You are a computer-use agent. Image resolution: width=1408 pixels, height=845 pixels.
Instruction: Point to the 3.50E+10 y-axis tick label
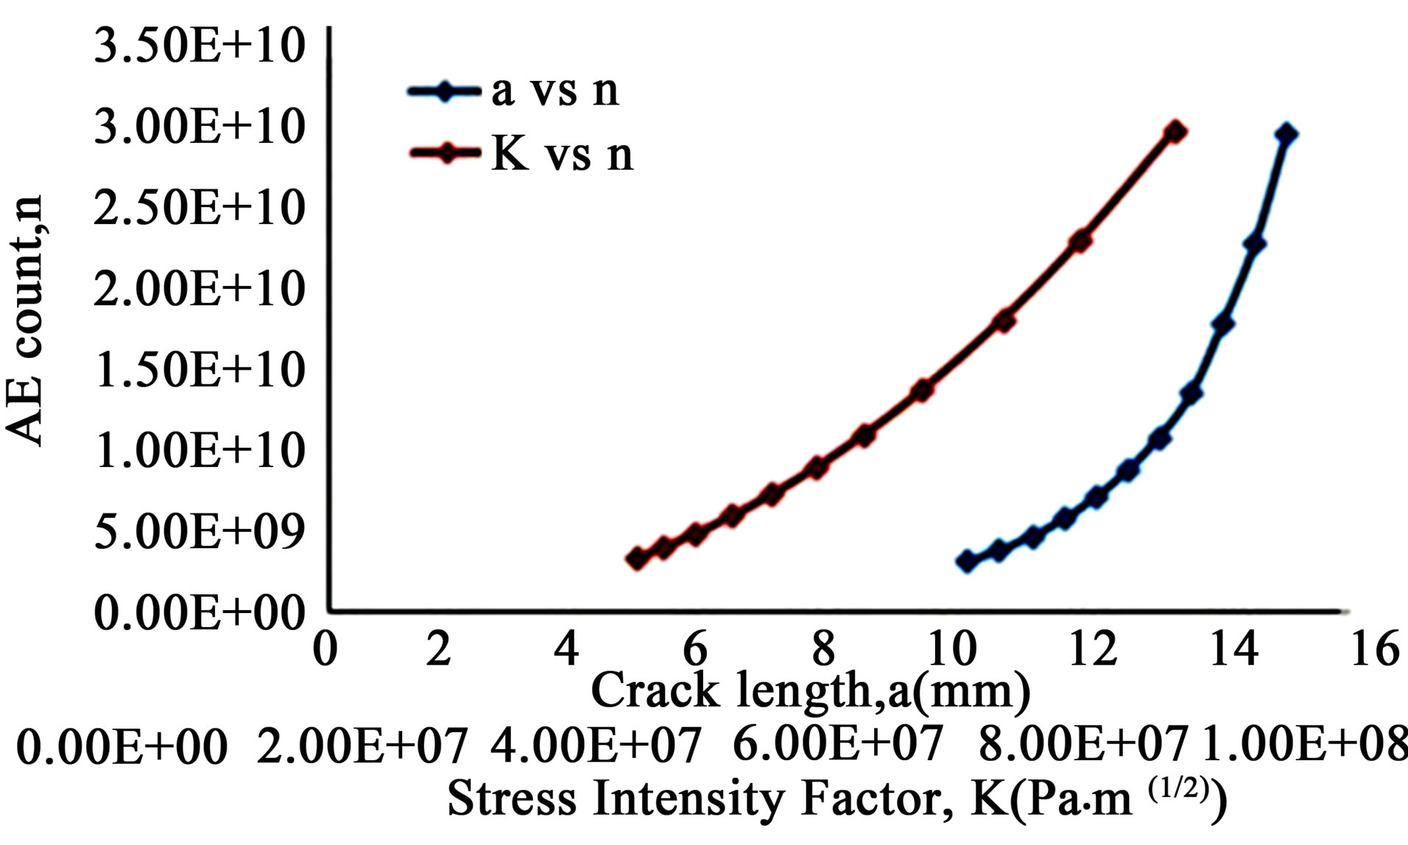click(x=200, y=46)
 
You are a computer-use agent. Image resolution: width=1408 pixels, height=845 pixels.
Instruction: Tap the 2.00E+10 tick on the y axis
click(x=200, y=288)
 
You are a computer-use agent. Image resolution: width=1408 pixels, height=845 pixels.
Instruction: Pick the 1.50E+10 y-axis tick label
click(x=200, y=369)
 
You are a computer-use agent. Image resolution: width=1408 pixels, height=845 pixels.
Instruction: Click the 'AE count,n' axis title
click(x=28, y=320)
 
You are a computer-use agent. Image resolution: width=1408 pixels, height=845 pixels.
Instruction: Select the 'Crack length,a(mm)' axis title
click(x=810, y=691)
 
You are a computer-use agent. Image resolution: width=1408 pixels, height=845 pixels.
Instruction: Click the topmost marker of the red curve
click(x=1175, y=133)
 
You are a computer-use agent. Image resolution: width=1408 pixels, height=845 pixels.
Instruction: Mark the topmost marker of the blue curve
click(x=1286, y=135)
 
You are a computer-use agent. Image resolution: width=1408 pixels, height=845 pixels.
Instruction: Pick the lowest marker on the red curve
click(x=637, y=558)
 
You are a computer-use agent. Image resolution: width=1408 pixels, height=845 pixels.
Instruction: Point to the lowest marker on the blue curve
click(x=967, y=561)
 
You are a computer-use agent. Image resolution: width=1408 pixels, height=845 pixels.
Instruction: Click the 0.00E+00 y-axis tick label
click(x=200, y=612)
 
